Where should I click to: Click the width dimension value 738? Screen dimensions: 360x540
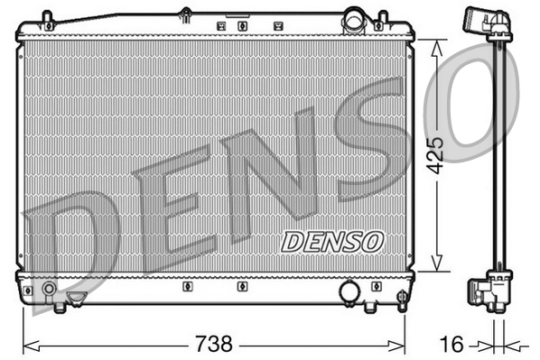tap(214, 344)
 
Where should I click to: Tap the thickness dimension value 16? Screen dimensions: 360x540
tap(452, 344)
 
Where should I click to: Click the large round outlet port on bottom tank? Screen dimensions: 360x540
tap(349, 292)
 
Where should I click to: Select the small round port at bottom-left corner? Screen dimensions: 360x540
tap(47, 291)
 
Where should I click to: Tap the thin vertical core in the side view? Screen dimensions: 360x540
tap(496, 153)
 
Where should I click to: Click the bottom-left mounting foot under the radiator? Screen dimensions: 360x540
tap(60, 308)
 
